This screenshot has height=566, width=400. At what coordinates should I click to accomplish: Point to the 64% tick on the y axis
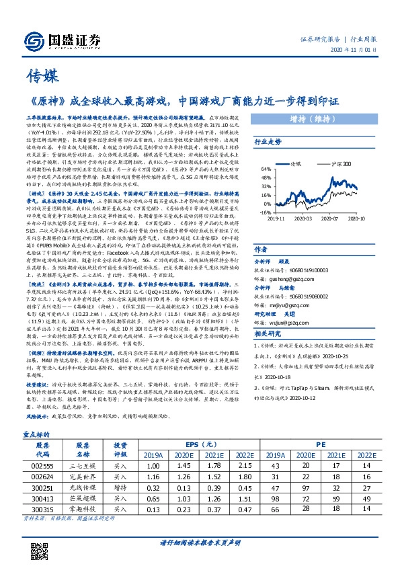pyautogui.click(x=266, y=170)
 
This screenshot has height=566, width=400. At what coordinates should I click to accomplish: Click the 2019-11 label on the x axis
pyautogui.click(x=276, y=218)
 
